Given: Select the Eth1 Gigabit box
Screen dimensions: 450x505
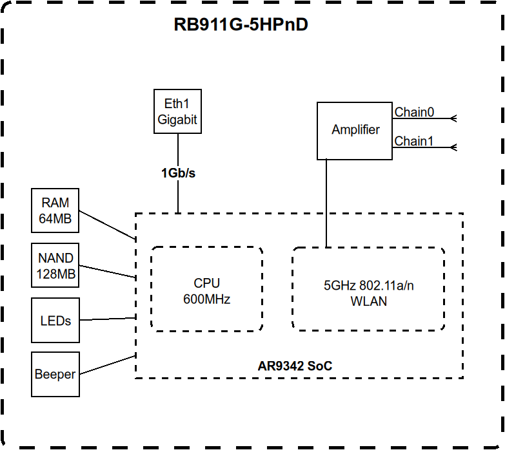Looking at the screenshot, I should [177, 111].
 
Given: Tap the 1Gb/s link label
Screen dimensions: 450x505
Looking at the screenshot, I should [178, 173].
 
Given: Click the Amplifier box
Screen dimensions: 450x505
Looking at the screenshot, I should [355, 130].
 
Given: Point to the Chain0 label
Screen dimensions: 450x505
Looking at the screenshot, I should [414, 112].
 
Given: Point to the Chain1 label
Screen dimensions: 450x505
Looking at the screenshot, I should [414, 141].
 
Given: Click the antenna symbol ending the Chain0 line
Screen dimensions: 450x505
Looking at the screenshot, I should [453, 118].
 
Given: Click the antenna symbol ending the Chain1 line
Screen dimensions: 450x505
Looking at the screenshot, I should [453, 147].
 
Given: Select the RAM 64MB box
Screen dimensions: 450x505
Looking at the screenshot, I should [55, 211].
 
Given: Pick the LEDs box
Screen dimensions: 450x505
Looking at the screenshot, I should [55, 320].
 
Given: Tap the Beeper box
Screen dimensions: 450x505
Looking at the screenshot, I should [55, 374].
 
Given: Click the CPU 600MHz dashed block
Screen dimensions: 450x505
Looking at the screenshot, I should [206, 290].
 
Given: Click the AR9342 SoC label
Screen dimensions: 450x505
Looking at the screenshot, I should [295, 366].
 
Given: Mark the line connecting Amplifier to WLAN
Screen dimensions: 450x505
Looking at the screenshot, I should [326, 203].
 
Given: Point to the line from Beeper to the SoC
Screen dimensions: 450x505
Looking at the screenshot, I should [107, 365].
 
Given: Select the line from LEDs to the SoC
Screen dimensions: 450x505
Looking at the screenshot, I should [107, 318].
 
